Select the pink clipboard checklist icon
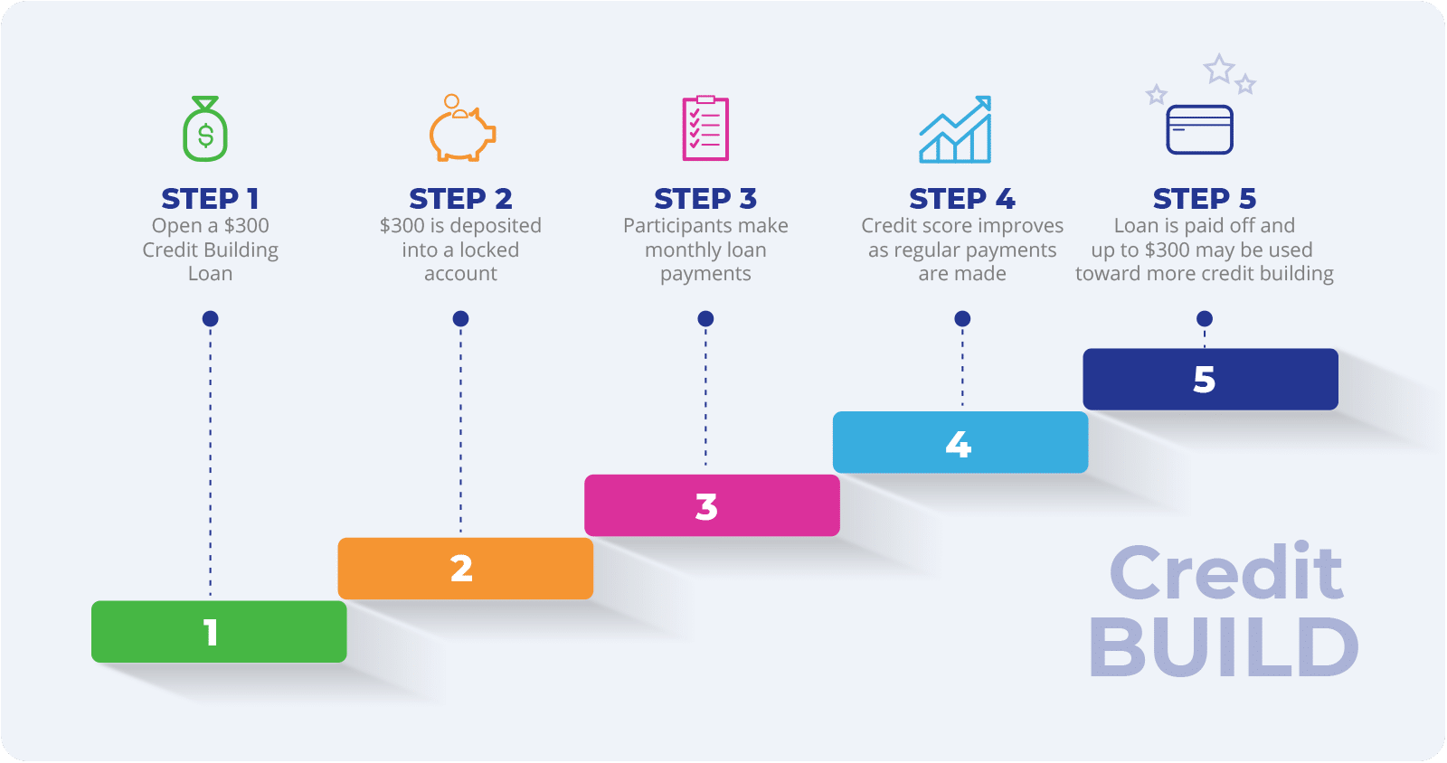pyautogui.click(x=705, y=128)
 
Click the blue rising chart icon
pyautogui.click(x=956, y=130)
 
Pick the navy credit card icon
pyautogui.click(x=1199, y=129)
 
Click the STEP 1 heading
pyautogui.click(x=210, y=198)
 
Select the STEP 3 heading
pyautogui.click(x=705, y=198)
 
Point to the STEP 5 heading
pyautogui.click(x=1204, y=198)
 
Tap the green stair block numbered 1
pyautogui.click(x=219, y=632)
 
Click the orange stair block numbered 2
pyautogui.click(x=465, y=569)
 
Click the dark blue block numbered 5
pyautogui.click(x=1210, y=380)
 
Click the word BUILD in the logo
pyautogui.click(x=1224, y=647)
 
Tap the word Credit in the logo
pyautogui.click(x=1225, y=572)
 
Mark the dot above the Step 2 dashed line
pyautogui.click(x=460, y=318)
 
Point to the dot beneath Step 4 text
pyautogui.click(x=962, y=318)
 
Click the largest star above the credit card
pyautogui.click(x=1219, y=69)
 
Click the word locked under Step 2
pyautogui.click(x=488, y=250)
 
